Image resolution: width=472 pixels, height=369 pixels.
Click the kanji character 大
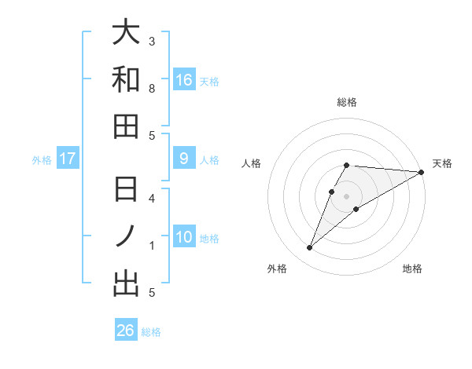(126, 33)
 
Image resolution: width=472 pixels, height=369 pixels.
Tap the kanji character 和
(126, 79)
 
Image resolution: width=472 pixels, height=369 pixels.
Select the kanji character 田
(126, 126)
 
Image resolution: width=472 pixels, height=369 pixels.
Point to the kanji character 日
(126, 191)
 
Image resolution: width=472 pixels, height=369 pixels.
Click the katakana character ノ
(126, 237)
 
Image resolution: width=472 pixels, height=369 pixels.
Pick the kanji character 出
(126, 283)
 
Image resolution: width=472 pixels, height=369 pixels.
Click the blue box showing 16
(184, 79)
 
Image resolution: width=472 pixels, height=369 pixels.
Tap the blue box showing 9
(184, 159)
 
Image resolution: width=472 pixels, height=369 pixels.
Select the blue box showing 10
(184, 237)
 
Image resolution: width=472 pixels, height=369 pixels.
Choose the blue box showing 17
(68, 159)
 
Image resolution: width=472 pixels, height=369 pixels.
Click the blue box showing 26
(126, 331)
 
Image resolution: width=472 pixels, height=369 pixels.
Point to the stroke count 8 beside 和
(152, 89)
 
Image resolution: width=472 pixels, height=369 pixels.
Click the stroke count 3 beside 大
(152, 41)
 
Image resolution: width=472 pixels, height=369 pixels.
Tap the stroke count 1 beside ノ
(152, 246)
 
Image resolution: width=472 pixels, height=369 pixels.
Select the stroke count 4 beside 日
(152, 199)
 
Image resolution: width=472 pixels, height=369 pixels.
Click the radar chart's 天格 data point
(421, 172)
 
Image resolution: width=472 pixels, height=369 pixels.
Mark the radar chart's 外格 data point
(309, 248)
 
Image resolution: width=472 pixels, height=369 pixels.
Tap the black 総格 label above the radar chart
(347, 102)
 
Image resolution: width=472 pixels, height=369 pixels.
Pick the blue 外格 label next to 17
(42, 160)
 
